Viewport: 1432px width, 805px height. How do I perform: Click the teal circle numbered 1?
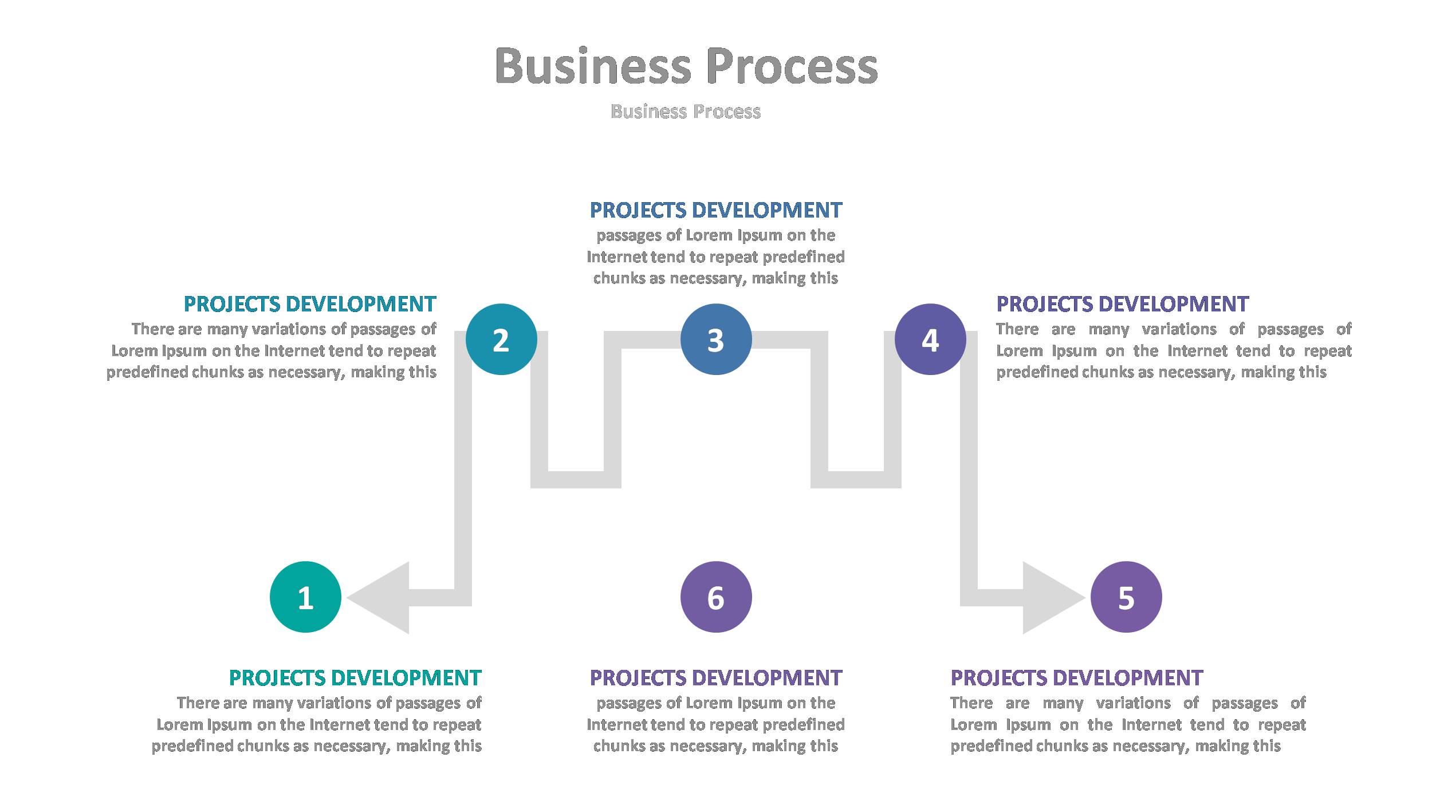pos(305,597)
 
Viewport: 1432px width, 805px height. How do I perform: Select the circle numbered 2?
pos(501,339)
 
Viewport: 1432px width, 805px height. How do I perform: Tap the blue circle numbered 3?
pos(715,339)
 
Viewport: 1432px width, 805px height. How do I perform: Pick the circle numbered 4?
pos(930,339)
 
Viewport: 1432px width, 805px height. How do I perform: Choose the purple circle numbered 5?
pos(1126,597)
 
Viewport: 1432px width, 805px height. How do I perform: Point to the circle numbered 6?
pos(715,597)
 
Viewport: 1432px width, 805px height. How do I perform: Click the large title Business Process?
pos(686,66)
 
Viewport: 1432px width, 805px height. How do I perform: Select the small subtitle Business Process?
pos(686,111)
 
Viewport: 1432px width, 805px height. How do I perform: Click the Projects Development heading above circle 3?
pos(715,210)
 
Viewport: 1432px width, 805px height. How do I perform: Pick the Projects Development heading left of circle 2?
pos(310,304)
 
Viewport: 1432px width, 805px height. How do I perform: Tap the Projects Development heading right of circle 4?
pos(1122,304)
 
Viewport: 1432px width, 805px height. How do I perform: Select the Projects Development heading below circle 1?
pos(355,678)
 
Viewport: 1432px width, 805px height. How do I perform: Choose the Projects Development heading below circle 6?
pos(715,678)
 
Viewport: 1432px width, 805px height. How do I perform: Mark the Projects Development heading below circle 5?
pos(1076,678)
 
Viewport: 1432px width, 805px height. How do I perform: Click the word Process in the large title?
pos(792,66)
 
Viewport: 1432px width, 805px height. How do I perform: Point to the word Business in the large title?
pos(593,66)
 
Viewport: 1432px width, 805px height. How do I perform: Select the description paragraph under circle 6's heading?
pos(715,724)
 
